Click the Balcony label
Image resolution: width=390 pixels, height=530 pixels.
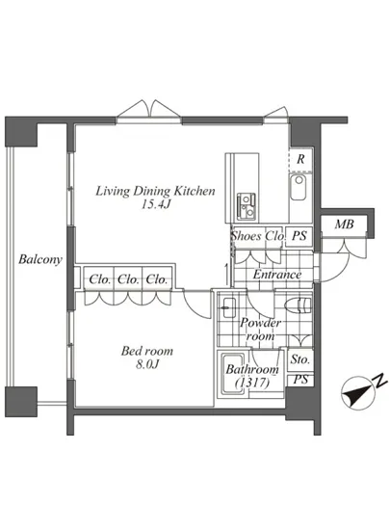[40, 259]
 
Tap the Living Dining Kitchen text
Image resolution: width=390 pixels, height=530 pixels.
[155, 191]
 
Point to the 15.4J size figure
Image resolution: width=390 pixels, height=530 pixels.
[155, 204]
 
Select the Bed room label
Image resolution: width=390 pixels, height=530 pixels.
[147, 351]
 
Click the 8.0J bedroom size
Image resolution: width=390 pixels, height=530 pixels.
[147, 364]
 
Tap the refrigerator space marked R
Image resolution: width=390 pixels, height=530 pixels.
[300, 159]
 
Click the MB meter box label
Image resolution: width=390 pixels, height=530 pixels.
[344, 225]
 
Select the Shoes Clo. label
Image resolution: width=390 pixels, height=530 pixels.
[258, 235]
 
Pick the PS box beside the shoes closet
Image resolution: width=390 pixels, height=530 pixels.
[299, 235]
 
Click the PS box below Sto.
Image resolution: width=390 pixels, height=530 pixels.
[300, 380]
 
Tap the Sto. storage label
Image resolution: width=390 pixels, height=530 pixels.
[300, 359]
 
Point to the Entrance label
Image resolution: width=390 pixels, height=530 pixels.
[277, 274]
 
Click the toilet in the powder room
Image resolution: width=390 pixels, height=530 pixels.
[298, 305]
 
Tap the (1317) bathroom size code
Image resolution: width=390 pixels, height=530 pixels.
[252, 383]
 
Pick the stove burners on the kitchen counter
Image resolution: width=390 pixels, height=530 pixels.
[247, 206]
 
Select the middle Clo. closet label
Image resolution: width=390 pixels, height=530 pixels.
[128, 279]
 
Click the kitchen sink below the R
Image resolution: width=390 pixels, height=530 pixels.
[299, 187]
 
